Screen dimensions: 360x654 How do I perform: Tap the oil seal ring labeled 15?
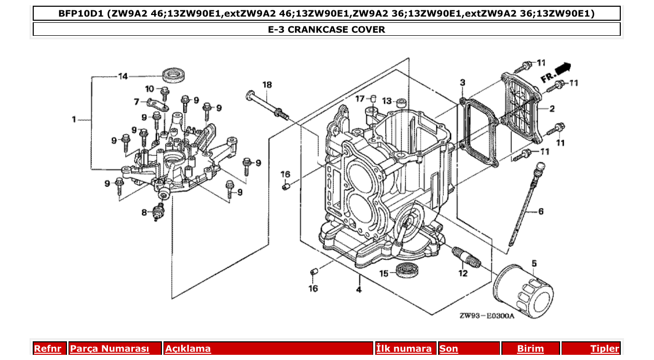406,270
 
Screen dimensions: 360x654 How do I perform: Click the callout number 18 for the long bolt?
267,85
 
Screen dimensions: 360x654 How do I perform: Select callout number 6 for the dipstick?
540,211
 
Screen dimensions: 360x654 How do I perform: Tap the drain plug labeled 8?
158,213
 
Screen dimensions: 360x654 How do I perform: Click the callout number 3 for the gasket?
462,82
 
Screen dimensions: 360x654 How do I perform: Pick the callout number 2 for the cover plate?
552,108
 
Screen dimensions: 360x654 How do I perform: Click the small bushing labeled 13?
402,101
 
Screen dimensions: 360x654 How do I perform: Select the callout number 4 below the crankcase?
359,289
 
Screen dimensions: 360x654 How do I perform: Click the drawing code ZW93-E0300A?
486,316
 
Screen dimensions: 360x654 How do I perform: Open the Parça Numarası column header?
110,349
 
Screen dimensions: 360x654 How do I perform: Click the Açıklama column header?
188,349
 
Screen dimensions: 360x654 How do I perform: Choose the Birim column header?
530,349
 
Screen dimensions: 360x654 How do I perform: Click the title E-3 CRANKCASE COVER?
326,29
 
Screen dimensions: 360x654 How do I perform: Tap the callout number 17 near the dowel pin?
360,99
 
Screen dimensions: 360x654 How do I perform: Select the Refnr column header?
47,349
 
